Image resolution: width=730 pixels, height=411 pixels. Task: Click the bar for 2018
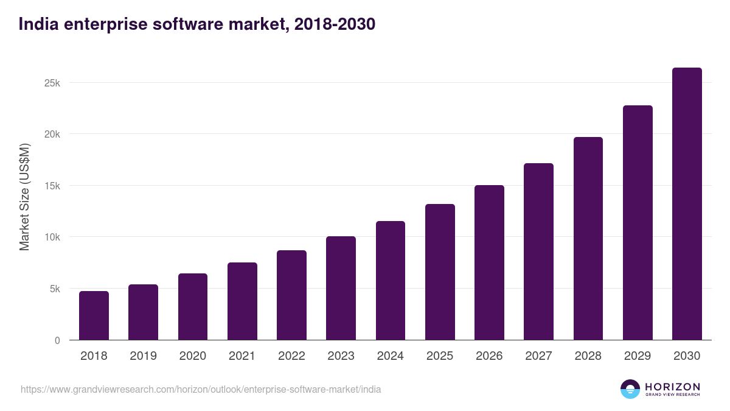pyautogui.click(x=94, y=315)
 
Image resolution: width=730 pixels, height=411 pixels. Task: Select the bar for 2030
pyautogui.click(x=687, y=204)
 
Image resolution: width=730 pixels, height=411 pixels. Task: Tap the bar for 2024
pyautogui.click(x=391, y=281)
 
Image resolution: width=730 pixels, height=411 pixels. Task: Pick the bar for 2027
pyautogui.click(x=538, y=251)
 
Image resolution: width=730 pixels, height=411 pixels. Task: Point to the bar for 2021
pyautogui.click(x=242, y=301)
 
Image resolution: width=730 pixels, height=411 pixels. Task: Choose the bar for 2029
pyautogui.click(x=638, y=223)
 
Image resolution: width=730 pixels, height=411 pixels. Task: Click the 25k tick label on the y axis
pyautogui.click(x=52, y=83)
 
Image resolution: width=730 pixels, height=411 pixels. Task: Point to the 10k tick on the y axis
pyautogui.click(x=52, y=237)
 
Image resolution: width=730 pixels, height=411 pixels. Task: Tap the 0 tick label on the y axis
pyautogui.click(x=57, y=340)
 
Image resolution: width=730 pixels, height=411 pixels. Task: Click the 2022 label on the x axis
pyautogui.click(x=291, y=356)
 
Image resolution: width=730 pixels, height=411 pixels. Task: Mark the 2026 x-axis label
pyautogui.click(x=489, y=356)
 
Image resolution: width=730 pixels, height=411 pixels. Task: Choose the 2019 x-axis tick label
pyautogui.click(x=143, y=356)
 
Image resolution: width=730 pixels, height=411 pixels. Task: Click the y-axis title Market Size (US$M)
pyautogui.click(x=24, y=197)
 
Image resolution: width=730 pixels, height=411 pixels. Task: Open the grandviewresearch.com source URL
pyautogui.click(x=201, y=389)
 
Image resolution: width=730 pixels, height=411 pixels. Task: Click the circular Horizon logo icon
pyautogui.click(x=630, y=389)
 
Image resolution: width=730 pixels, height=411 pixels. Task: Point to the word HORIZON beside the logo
pyautogui.click(x=672, y=387)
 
